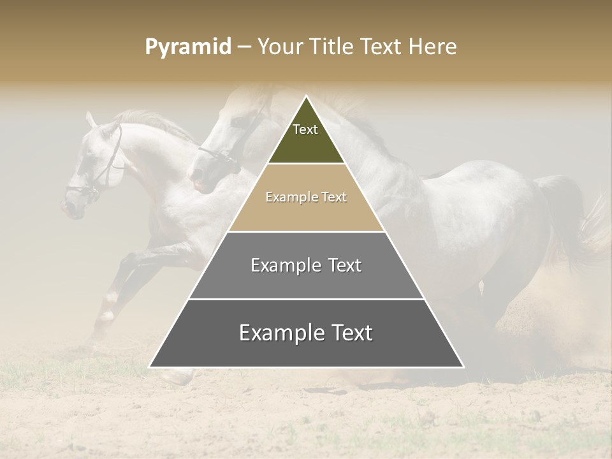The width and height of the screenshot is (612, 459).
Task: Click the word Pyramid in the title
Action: (187, 47)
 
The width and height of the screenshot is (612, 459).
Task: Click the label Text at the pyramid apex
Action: (305, 129)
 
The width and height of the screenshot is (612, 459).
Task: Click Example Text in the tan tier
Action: (306, 198)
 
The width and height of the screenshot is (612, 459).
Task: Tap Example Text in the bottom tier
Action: (306, 333)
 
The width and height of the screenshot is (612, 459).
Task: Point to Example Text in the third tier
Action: (306, 265)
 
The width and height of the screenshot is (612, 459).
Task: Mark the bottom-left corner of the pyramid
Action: (150, 367)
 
